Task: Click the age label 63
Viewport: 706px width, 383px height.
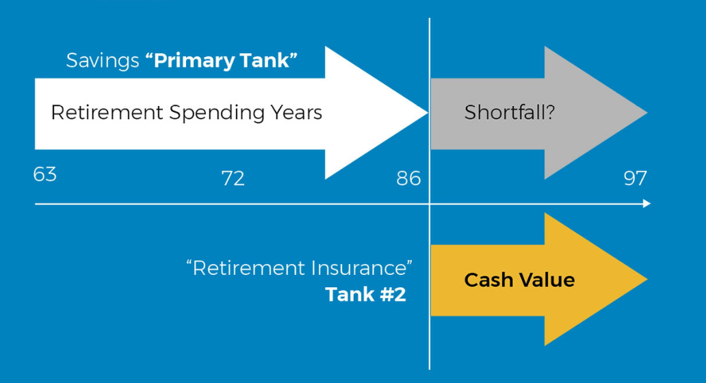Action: (44, 174)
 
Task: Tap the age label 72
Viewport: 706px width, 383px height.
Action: (233, 179)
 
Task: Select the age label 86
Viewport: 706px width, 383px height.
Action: (408, 179)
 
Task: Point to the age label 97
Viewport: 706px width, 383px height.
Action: (635, 179)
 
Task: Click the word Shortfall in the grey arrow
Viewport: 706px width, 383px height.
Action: (504, 112)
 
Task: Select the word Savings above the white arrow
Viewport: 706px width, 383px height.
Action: (103, 61)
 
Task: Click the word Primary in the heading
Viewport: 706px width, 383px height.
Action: (194, 61)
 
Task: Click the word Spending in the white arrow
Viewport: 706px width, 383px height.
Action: (217, 113)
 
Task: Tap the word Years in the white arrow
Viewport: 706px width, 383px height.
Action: (296, 113)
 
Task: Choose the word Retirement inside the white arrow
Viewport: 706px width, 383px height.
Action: (107, 113)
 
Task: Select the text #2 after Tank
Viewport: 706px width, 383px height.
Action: (393, 294)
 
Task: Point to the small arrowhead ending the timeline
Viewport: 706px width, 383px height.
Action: (647, 204)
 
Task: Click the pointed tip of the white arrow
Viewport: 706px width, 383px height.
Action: (427, 113)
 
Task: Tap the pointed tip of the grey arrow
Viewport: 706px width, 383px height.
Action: (646, 113)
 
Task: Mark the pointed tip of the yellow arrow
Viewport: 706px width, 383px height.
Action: (646, 279)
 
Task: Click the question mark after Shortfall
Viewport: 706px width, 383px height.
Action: (549, 112)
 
